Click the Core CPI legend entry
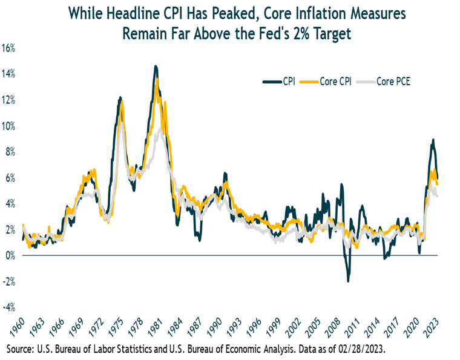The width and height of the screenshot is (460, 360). point(329,82)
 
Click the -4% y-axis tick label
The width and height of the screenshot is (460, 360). point(10,307)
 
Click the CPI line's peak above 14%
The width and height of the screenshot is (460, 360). point(156,67)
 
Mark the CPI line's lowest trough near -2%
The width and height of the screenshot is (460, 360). point(348,281)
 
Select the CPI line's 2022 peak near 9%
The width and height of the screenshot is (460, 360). point(433,140)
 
